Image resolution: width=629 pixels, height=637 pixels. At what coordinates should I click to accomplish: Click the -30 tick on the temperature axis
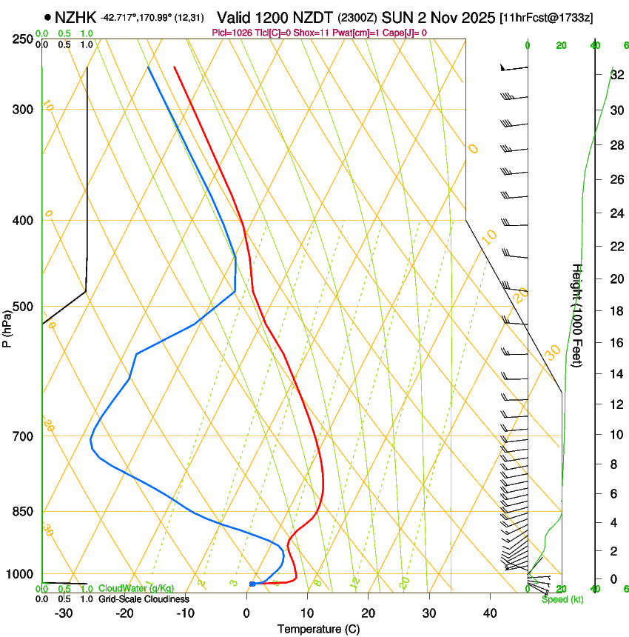(64, 613)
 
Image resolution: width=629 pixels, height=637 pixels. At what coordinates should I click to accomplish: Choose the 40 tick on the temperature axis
(489, 613)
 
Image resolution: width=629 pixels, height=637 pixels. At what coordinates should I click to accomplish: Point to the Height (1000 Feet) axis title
(576, 318)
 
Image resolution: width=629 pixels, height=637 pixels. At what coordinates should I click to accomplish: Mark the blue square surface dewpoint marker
(252, 584)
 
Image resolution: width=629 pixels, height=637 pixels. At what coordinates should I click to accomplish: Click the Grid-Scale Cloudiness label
(144, 599)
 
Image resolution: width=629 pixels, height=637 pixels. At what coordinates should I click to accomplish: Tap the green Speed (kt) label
(562, 599)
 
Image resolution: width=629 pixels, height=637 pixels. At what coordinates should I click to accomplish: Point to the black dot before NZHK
(48, 16)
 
